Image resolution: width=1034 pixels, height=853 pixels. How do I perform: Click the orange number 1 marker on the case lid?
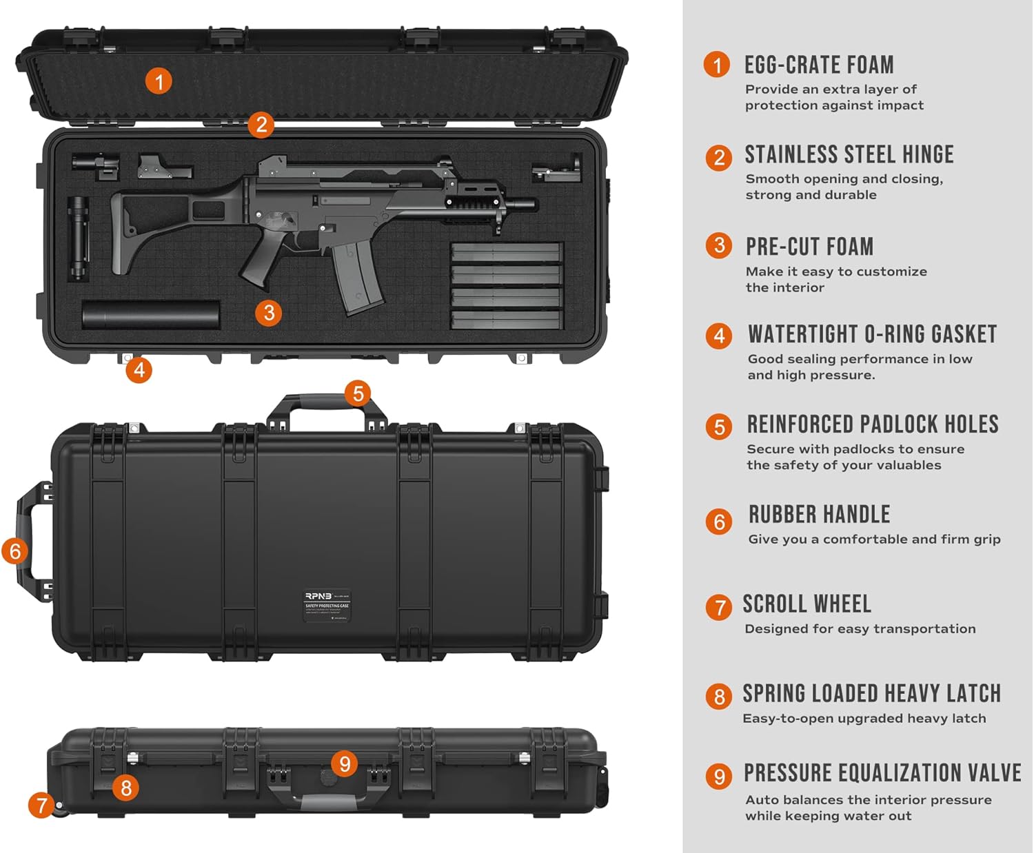click(159, 82)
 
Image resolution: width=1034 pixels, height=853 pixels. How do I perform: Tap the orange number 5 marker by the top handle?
click(358, 393)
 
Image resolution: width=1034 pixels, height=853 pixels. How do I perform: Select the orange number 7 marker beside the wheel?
click(41, 805)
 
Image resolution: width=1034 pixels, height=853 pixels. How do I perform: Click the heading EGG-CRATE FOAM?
click(819, 65)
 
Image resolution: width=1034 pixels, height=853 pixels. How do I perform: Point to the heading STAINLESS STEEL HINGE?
click(849, 155)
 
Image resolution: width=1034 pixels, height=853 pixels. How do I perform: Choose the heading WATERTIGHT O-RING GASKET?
click(872, 335)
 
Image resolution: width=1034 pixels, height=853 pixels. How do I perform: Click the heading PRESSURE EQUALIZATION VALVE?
click(882, 773)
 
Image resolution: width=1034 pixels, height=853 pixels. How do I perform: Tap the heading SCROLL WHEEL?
click(807, 604)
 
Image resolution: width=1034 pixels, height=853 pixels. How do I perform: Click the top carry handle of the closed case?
click(327, 402)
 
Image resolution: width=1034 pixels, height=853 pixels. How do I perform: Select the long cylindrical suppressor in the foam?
click(151, 314)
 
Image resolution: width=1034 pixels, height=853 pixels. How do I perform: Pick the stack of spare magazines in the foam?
click(507, 286)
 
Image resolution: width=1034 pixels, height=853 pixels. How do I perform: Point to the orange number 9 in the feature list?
click(719, 777)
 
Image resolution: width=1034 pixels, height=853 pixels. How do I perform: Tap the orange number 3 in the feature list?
click(719, 246)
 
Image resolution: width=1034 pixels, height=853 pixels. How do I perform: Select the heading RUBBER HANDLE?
click(819, 515)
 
